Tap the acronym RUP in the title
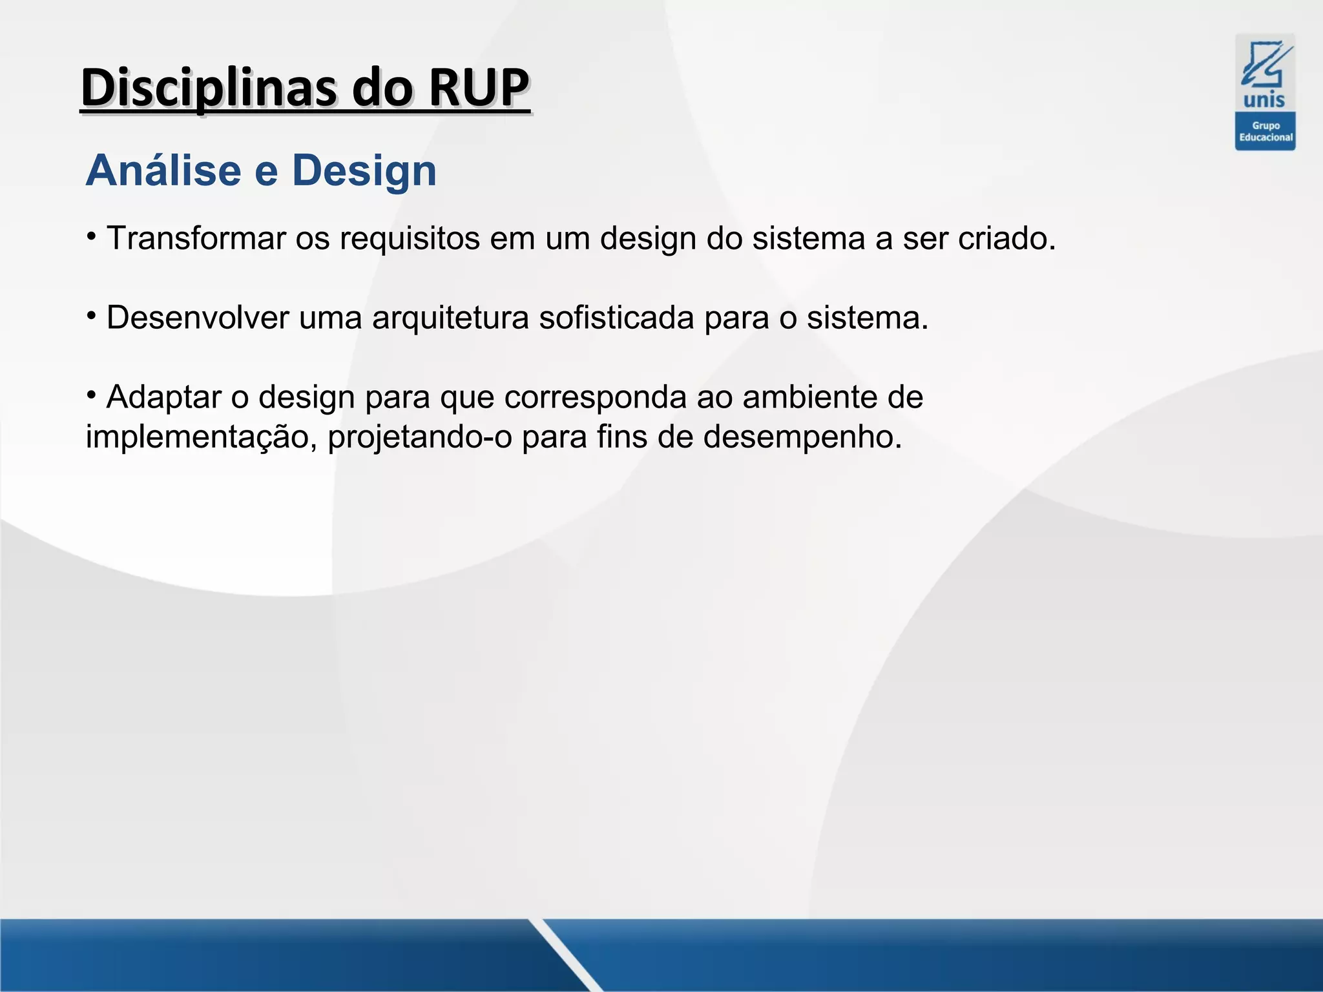tap(479, 88)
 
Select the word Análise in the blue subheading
tap(163, 170)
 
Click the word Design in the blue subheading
tap(364, 172)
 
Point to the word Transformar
tap(196, 238)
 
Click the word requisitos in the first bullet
tap(410, 239)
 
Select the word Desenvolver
tap(198, 318)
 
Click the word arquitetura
tap(450, 318)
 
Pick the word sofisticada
tap(616, 318)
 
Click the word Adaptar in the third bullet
tap(164, 397)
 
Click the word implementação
tap(201, 437)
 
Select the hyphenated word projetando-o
tap(420, 437)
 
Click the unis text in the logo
tap(1264, 100)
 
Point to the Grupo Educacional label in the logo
tap(1266, 132)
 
